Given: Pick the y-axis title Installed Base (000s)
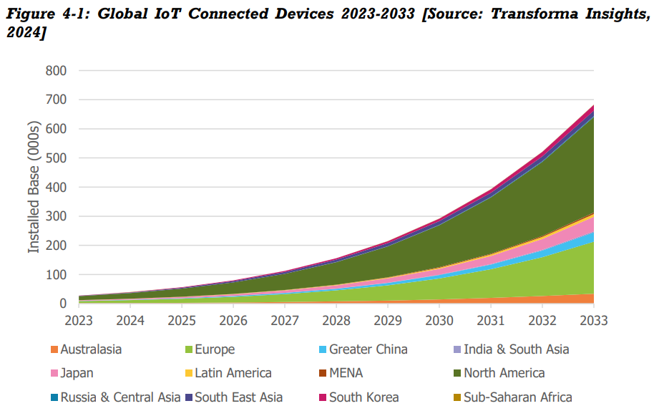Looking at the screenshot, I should (34, 188).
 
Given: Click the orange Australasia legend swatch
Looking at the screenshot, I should (53, 350).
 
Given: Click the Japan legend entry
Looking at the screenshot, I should (77, 373).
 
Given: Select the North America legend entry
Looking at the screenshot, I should (504, 373).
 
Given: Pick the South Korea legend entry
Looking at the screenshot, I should (363, 397).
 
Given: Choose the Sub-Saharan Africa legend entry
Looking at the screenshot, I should (517, 397).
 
